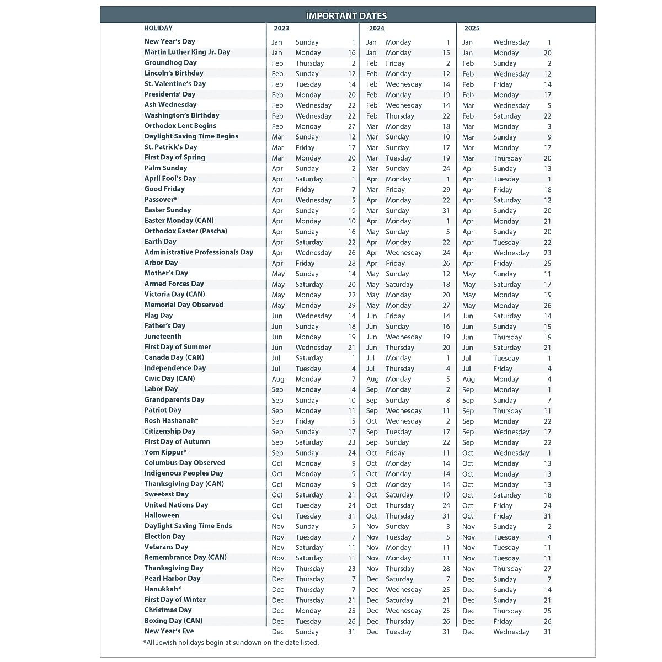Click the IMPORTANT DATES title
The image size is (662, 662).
(x=346, y=16)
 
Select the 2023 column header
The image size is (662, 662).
(x=281, y=29)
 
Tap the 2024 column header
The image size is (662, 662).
(x=377, y=29)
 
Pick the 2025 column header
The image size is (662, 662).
(x=472, y=29)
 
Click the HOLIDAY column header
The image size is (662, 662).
(x=158, y=29)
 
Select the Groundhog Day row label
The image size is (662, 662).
(x=170, y=63)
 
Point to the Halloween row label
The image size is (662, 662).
(x=162, y=516)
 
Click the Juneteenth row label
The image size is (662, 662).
(x=163, y=337)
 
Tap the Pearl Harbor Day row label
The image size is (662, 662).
(x=172, y=579)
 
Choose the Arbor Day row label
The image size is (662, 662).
(x=161, y=263)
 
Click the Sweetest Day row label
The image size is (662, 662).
(x=167, y=495)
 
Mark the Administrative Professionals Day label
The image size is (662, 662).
(x=199, y=253)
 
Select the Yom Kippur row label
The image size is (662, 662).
(x=165, y=452)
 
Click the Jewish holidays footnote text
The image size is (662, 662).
(x=231, y=643)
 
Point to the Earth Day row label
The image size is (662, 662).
(x=161, y=242)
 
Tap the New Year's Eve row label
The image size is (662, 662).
(x=169, y=631)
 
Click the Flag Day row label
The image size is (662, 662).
(x=159, y=316)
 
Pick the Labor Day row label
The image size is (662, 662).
(x=161, y=389)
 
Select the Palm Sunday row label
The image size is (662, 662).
(x=165, y=168)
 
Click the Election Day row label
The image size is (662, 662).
(x=165, y=537)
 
